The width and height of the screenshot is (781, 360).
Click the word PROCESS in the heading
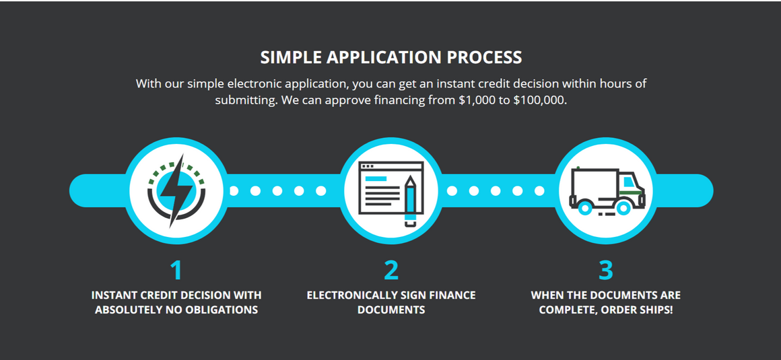coord(484,57)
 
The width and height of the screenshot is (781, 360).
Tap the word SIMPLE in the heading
coord(291,57)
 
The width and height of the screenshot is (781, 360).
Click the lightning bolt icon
coord(176,190)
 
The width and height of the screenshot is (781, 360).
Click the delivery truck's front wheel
coord(623,207)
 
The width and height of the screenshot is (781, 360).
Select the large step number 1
coord(176,270)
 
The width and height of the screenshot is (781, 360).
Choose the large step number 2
coord(391,270)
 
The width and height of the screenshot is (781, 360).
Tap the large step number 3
coord(605,270)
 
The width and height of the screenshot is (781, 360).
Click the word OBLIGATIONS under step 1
coord(222,310)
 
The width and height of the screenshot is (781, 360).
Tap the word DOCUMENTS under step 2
coord(391,310)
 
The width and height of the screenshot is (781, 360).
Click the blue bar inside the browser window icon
coord(376,178)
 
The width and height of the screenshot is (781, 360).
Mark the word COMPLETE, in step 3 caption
coord(568,310)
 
